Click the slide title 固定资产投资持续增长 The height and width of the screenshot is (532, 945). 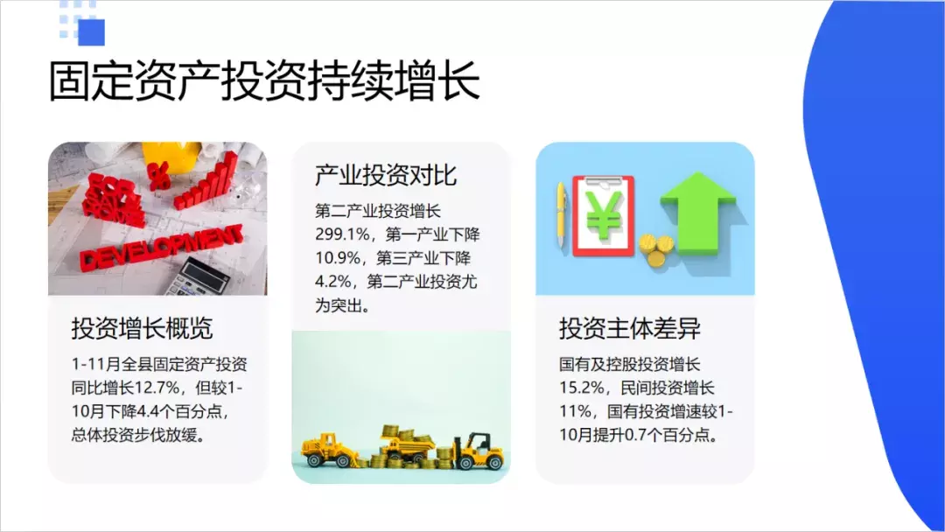click(x=264, y=80)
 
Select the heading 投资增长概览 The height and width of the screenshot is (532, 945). click(x=143, y=328)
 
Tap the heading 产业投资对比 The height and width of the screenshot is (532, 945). click(x=386, y=175)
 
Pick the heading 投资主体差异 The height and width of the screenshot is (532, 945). click(x=630, y=328)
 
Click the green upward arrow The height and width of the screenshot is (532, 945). click(x=697, y=212)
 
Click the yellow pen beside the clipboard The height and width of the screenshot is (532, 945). click(x=561, y=214)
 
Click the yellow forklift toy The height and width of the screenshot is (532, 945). click(x=479, y=451)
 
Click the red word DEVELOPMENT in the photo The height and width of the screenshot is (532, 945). click(x=162, y=247)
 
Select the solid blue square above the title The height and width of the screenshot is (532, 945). click(x=92, y=32)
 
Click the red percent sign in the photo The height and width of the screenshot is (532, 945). click(x=157, y=176)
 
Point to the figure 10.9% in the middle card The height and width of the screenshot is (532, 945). click(x=338, y=258)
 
